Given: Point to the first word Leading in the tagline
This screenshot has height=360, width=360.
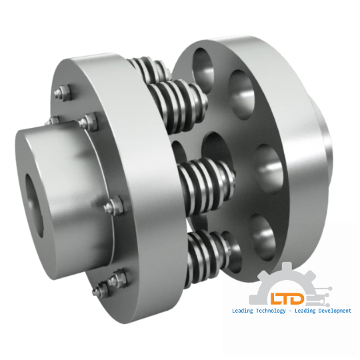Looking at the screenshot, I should pos(241,311).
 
